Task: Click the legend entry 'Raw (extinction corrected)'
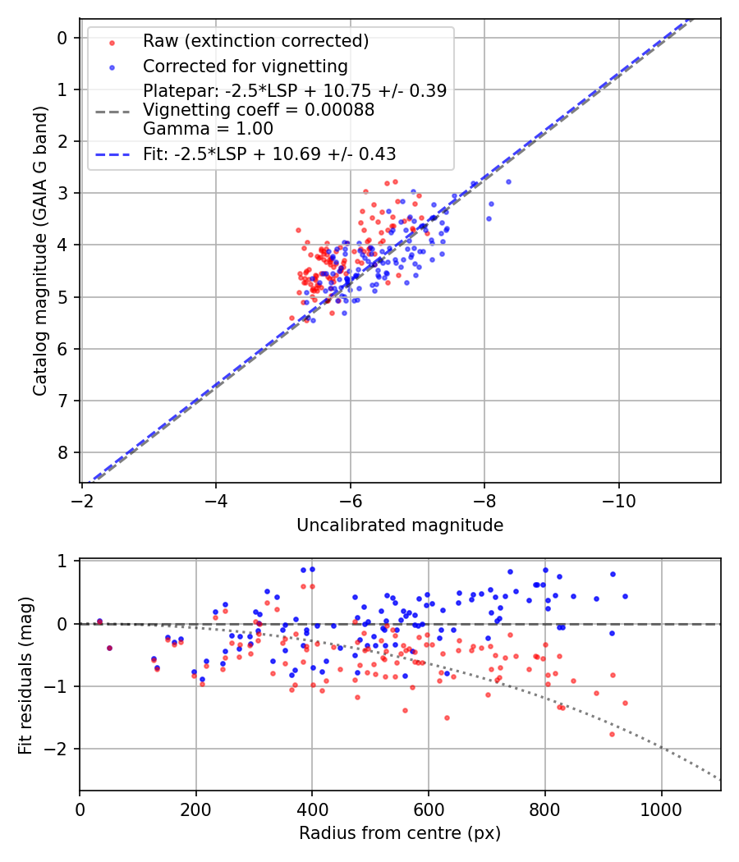[255, 41]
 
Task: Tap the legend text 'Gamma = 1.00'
[208, 129]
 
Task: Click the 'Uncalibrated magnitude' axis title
[400, 525]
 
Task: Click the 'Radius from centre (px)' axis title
[400, 833]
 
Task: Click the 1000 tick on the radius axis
[662, 809]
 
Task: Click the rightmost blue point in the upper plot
[508, 181]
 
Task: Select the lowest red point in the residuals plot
[612, 734]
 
